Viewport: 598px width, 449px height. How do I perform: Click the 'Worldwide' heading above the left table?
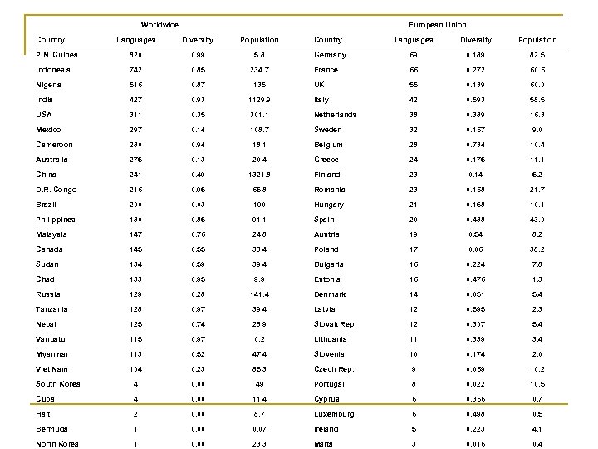pyautogui.click(x=159, y=25)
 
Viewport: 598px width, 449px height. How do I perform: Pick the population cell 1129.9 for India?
pyautogui.click(x=259, y=100)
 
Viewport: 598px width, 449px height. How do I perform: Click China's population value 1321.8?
pyautogui.click(x=259, y=174)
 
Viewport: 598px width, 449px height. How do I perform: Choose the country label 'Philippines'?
pyautogui.click(x=55, y=220)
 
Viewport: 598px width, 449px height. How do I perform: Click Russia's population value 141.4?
pyautogui.click(x=259, y=294)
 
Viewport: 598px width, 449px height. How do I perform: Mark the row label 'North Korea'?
pyautogui.click(x=56, y=444)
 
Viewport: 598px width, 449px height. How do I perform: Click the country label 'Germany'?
pyautogui.click(x=331, y=55)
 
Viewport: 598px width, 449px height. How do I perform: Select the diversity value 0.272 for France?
pyautogui.click(x=476, y=70)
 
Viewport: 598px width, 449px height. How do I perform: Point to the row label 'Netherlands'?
pyautogui.click(x=336, y=115)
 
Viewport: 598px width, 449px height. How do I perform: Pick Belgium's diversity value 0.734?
pyautogui.click(x=476, y=144)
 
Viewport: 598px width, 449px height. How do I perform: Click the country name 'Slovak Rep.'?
pyautogui.click(x=335, y=324)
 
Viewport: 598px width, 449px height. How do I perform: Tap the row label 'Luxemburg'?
pyautogui.click(x=334, y=414)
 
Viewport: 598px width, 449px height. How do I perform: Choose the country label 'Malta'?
pyautogui.click(x=324, y=444)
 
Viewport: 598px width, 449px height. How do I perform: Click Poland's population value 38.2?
pyautogui.click(x=537, y=249)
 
